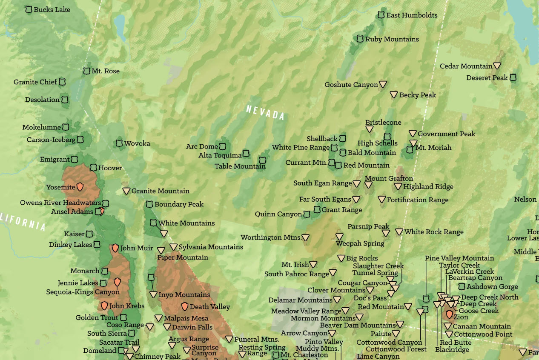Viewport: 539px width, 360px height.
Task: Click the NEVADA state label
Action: tap(265, 112)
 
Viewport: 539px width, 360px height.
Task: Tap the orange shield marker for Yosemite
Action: tap(80, 187)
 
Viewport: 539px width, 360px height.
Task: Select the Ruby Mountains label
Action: tap(392, 39)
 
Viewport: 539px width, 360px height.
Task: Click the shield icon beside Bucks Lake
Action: tap(29, 9)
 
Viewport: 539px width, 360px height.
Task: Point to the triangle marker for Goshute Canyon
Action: tap(383, 85)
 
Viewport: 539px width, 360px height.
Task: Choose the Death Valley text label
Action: tap(209, 306)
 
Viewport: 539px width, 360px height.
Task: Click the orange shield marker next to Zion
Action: tap(449, 315)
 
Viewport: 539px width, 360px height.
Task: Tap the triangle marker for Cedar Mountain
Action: tap(497, 66)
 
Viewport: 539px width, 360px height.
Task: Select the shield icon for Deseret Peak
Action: tap(513, 78)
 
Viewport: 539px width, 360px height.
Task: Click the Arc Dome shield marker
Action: tap(222, 146)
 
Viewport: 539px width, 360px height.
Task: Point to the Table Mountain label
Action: tap(240, 166)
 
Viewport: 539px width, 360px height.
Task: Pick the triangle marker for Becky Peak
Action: tap(394, 95)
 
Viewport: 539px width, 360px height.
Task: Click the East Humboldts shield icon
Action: tap(381, 15)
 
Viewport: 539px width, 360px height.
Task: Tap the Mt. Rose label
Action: tap(106, 71)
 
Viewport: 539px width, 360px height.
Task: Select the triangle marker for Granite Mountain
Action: tap(126, 191)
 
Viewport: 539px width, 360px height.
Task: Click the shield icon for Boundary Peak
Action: tap(149, 204)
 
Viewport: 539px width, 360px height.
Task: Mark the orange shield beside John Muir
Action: tap(115, 248)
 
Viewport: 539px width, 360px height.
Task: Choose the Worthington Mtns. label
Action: tap(271, 237)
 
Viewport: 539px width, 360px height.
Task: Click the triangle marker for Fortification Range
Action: tap(381, 200)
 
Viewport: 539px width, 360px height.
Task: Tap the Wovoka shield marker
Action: tap(119, 143)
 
